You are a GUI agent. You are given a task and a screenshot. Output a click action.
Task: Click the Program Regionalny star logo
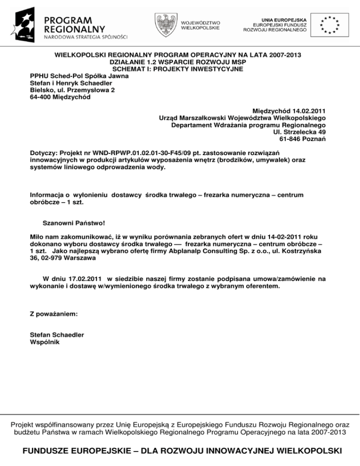coord(28,23)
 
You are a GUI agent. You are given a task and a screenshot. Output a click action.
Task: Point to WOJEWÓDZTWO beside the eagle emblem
coord(201,22)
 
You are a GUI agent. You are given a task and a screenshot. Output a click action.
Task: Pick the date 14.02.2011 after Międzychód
coord(306,110)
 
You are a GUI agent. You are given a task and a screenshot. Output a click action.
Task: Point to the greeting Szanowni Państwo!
coord(73,224)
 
